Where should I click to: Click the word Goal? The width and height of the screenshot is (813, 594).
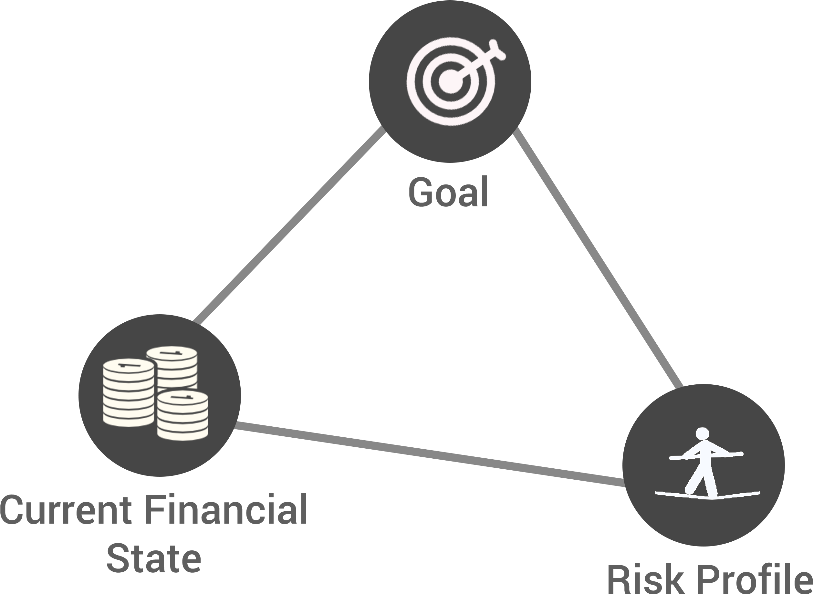click(x=448, y=191)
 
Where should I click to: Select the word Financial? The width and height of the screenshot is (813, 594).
click(x=227, y=509)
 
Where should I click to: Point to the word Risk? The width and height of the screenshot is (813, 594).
click(x=645, y=578)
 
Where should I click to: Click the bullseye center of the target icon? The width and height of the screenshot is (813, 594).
click(x=451, y=82)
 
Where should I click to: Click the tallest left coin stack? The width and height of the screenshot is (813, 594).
click(x=129, y=393)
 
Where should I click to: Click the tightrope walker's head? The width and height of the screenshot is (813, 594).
click(x=702, y=433)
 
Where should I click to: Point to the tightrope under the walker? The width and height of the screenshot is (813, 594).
click(x=707, y=495)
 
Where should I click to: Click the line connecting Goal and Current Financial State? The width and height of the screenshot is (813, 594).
click(x=289, y=225)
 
